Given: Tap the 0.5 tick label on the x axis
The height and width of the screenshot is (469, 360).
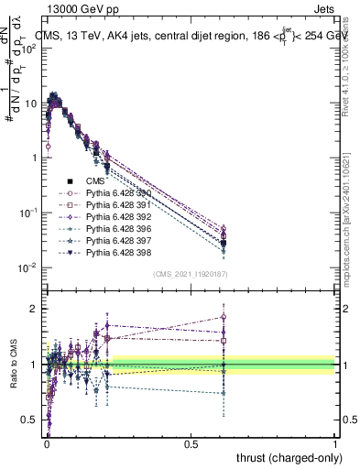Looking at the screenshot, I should tap(191, 442).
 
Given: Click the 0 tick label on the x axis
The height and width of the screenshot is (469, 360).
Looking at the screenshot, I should tap(47, 442).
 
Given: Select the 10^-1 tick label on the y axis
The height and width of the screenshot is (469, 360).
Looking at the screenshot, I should tap(27, 213).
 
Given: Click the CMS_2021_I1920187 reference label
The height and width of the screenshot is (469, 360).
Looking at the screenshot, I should tap(191, 273).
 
